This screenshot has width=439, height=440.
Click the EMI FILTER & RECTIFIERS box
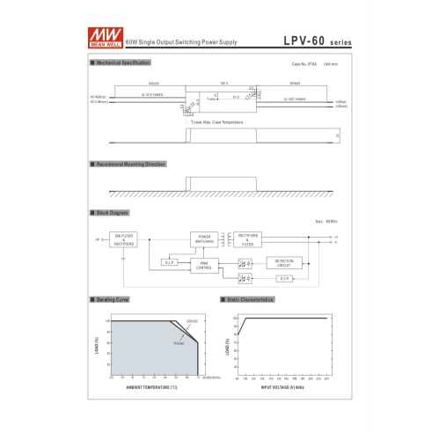125,239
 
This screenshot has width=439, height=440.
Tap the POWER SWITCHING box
204,239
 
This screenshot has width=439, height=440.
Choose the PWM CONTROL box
204,264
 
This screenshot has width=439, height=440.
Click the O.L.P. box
171,262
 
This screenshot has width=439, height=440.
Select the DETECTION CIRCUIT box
284,262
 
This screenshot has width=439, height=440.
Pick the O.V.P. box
284,279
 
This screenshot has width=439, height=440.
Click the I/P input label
98,239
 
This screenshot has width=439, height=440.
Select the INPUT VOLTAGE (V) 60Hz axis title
282,385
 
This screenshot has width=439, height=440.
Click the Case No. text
304,65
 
